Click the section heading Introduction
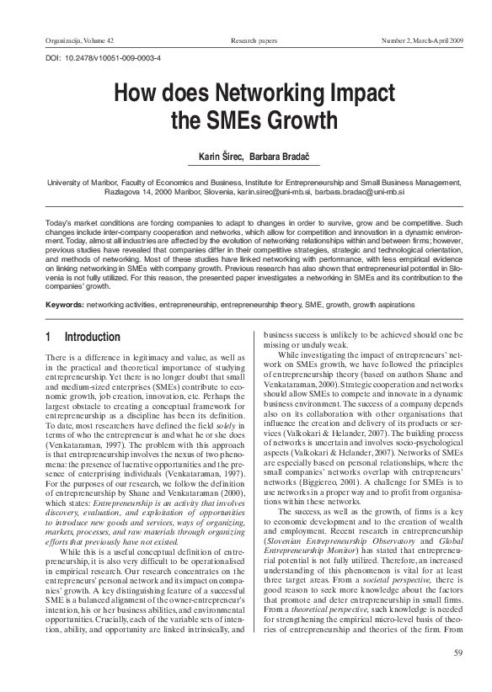click(93, 338)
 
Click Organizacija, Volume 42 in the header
click(74, 40)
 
